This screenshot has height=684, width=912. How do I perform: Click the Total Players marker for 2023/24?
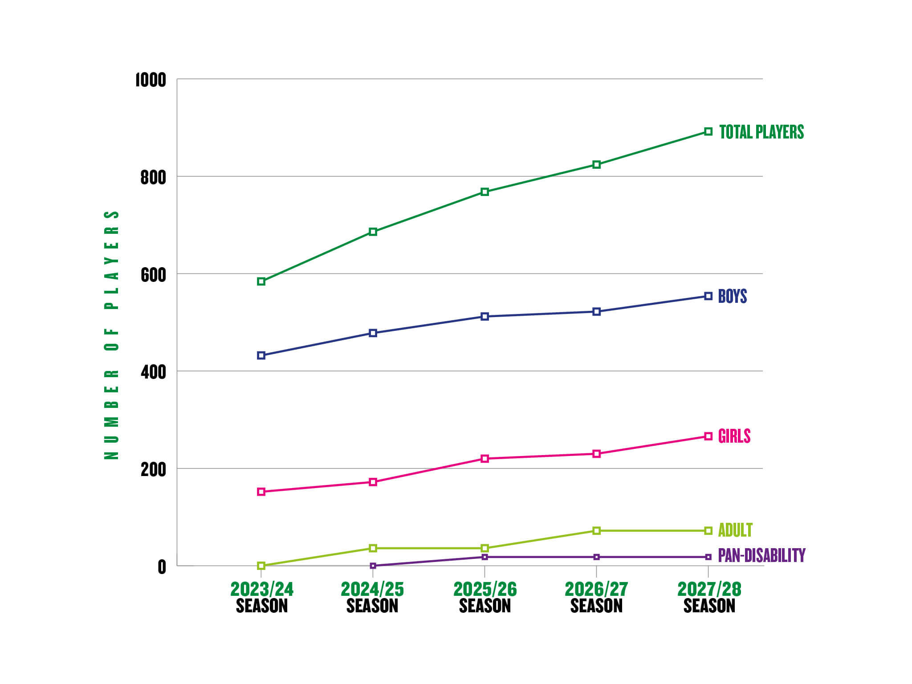click(x=261, y=281)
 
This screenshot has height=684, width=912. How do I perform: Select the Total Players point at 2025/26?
click(x=485, y=192)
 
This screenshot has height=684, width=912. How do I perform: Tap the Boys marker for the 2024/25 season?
click(x=373, y=333)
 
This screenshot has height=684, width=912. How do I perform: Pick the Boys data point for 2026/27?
click(x=597, y=312)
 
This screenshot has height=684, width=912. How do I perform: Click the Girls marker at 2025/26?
click(x=485, y=459)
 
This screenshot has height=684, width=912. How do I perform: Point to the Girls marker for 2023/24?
click(x=261, y=492)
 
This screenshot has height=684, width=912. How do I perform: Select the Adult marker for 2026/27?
click(x=597, y=531)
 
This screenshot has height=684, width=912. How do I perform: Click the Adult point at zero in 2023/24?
click(x=261, y=566)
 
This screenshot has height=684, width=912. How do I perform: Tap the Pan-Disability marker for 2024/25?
click(x=373, y=566)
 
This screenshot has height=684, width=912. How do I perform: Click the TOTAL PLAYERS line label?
click(x=761, y=132)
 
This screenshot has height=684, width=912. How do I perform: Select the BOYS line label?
click(x=733, y=297)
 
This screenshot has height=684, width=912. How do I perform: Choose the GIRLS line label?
click(x=734, y=436)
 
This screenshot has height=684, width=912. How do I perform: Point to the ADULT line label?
click(x=735, y=530)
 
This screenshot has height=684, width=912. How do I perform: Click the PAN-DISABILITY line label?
click(x=761, y=555)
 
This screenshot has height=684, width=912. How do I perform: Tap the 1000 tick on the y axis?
click(x=151, y=81)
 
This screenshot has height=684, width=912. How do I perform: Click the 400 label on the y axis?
click(x=153, y=372)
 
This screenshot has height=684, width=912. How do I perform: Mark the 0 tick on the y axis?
click(x=162, y=567)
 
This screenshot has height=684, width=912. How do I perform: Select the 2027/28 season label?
click(x=709, y=597)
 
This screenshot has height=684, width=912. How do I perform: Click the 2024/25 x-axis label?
click(x=372, y=597)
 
